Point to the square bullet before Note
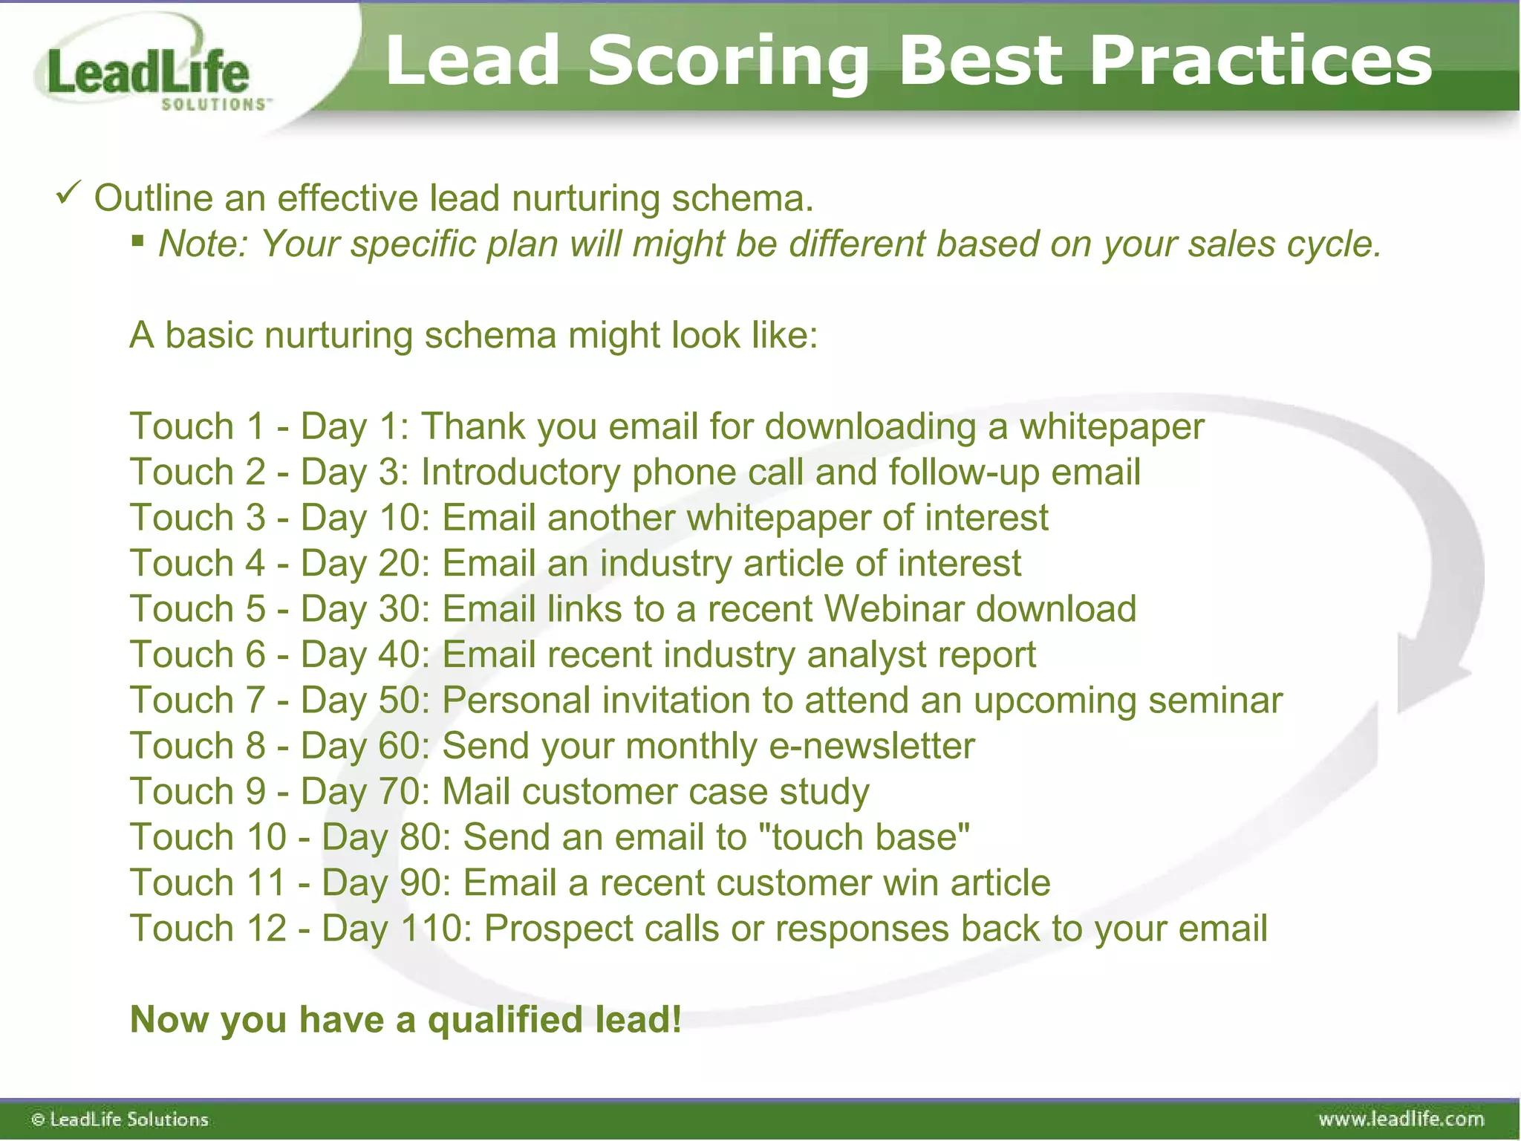click(x=137, y=240)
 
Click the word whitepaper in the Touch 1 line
click(x=1111, y=427)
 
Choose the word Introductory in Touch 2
click(x=521, y=472)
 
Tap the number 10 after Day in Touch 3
click(x=400, y=518)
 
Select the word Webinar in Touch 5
click(x=893, y=609)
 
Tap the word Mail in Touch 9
click(x=476, y=792)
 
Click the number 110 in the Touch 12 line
click(x=431, y=929)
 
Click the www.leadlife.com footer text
click(x=1401, y=1119)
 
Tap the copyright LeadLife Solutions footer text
click(x=120, y=1119)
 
